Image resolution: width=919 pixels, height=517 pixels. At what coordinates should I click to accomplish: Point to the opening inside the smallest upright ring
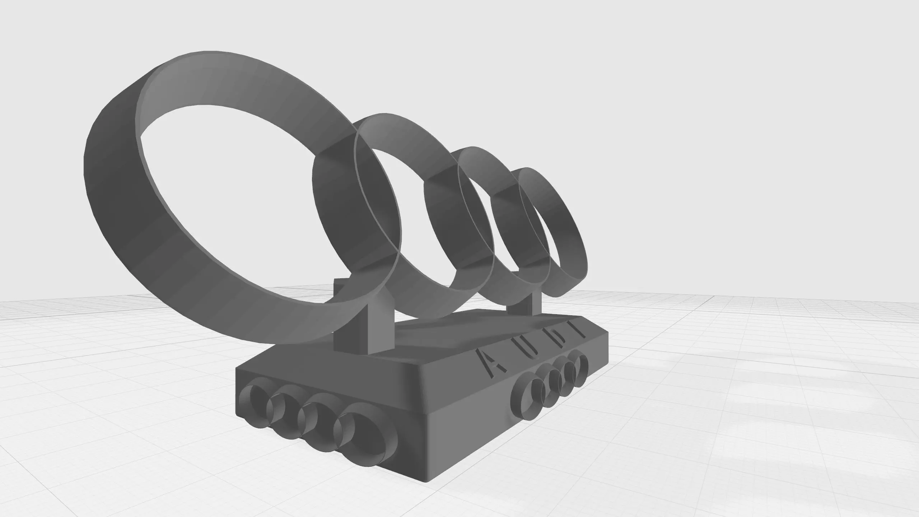[x=542, y=223]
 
